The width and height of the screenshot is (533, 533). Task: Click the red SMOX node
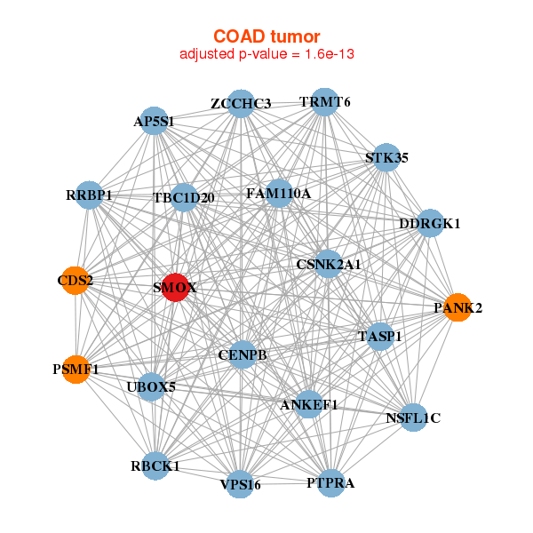coord(175,288)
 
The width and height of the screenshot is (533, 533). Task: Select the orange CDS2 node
coord(76,282)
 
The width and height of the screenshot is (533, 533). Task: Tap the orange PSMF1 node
coord(76,368)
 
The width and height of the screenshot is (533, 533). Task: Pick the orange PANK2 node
coord(457,308)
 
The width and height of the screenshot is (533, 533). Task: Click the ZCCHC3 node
coord(241,104)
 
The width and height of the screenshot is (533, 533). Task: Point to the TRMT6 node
coord(324,102)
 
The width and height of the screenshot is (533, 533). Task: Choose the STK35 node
coord(386,158)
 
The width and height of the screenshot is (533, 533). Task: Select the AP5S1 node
coord(155,121)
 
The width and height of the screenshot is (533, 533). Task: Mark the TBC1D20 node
coord(184,197)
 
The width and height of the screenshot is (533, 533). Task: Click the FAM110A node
coord(278,193)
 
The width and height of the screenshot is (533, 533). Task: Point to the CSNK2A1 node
coord(329,264)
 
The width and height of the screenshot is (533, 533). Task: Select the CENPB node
coord(243,355)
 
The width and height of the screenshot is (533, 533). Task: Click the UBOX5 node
coord(151,386)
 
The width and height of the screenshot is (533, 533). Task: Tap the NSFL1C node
coord(413,417)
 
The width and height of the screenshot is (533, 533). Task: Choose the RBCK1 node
coord(155,465)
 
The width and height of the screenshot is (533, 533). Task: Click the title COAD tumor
coord(266,36)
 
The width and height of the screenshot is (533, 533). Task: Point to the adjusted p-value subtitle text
coord(266,54)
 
